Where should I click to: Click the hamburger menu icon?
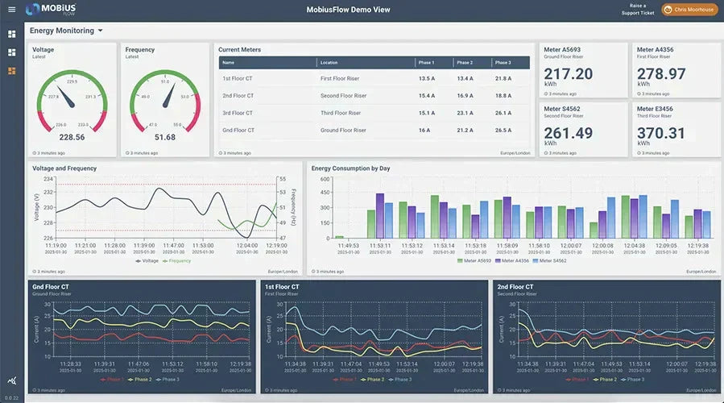pyautogui.click(x=11, y=10)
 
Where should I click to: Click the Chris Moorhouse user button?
pyautogui.click(x=689, y=10)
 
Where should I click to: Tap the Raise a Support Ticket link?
pyautogui.click(x=636, y=10)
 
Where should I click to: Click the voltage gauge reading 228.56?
pyautogui.click(x=72, y=137)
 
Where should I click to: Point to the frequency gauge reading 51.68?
pyautogui.click(x=164, y=137)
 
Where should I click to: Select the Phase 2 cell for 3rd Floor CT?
pyautogui.click(x=465, y=113)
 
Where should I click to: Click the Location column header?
pyautogui.click(x=329, y=62)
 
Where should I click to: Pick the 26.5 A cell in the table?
pyautogui.click(x=503, y=130)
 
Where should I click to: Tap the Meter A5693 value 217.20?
pyautogui.click(x=569, y=74)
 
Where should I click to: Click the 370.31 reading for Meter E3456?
pyautogui.click(x=661, y=133)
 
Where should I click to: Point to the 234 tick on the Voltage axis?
pyautogui.click(x=48, y=179)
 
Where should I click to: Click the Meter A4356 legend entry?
pyautogui.click(x=511, y=261)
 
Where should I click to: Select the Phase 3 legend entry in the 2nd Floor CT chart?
pyautogui.click(x=633, y=379)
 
